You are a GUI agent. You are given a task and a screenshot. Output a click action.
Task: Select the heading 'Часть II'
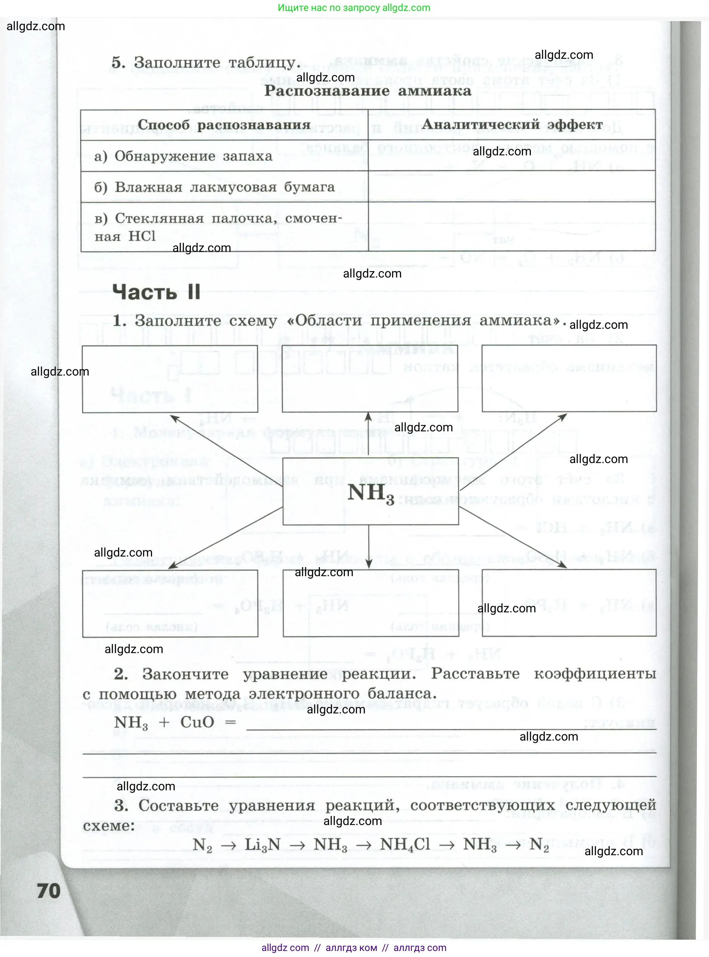[156, 292]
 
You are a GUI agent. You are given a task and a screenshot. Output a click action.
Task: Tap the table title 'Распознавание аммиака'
[368, 91]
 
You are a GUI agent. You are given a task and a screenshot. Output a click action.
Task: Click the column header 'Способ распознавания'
[224, 125]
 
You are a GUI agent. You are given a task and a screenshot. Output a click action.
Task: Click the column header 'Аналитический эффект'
[512, 124]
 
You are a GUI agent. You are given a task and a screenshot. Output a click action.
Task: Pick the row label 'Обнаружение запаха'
[193, 156]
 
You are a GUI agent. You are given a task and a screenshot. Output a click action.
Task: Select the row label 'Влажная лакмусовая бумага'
[225, 187]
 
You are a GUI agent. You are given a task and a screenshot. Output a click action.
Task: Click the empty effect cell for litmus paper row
[512, 187]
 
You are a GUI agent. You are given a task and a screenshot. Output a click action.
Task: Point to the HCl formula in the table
[142, 236]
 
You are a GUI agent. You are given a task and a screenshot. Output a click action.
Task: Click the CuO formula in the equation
[197, 722]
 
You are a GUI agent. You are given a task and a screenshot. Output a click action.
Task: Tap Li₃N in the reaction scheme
[262, 844]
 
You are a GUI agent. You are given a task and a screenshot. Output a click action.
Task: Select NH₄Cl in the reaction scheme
[405, 844]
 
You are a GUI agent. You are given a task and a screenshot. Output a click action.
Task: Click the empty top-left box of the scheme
[170, 379]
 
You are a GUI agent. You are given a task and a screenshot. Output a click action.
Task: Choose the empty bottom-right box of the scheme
[569, 603]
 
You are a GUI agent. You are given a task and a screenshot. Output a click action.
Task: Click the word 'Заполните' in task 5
[178, 63]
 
